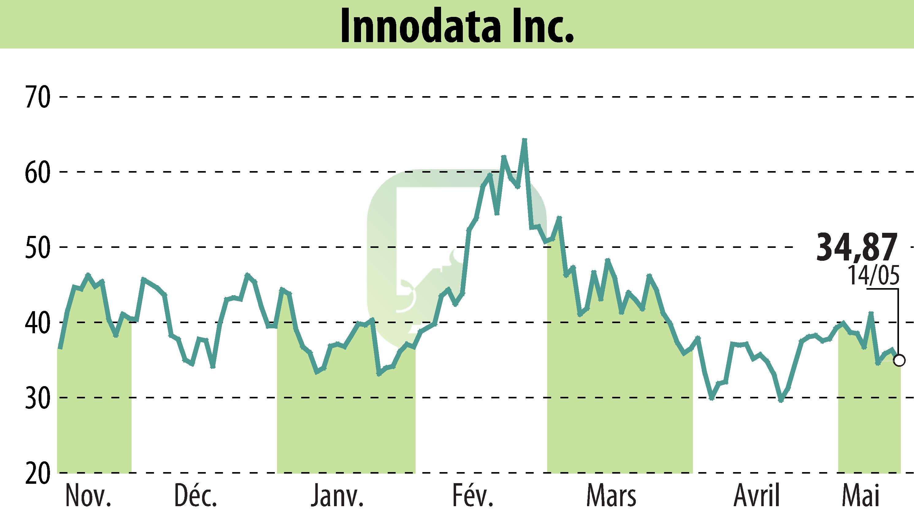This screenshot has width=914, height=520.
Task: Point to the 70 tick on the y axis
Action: click(x=37, y=97)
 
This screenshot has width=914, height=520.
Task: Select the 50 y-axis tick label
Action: click(x=37, y=248)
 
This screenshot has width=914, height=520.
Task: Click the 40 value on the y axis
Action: click(x=37, y=323)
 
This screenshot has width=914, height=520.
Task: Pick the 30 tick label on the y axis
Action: click(x=37, y=397)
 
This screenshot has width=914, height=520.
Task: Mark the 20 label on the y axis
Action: click(x=37, y=473)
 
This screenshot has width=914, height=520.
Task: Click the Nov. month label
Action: click(x=88, y=496)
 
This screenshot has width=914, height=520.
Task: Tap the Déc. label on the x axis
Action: click(x=196, y=496)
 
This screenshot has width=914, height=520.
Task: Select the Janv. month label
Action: click(x=337, y=496)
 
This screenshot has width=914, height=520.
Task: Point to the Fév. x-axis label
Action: click(x=473, y=496)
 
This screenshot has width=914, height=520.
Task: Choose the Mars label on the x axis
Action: click(x=611, y=496)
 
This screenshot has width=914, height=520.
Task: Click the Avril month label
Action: click(x=756, y=496)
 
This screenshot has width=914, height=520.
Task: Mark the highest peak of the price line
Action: click(x=524, y=140)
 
